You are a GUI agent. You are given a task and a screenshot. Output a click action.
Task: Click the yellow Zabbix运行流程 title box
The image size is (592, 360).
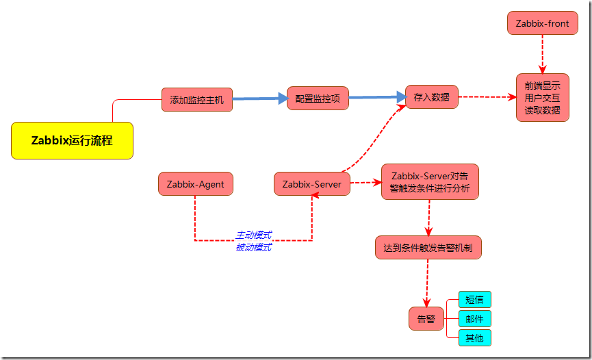click(72, 140)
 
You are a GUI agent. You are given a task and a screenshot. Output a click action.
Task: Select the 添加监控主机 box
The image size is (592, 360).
click(197, 99)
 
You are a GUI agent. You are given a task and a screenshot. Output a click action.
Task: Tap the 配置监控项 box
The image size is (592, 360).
click(318, 99)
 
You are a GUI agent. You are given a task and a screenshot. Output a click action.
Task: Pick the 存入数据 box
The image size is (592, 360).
click(431, 97)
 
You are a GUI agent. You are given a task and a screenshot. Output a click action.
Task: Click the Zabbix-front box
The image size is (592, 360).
click(542, 23)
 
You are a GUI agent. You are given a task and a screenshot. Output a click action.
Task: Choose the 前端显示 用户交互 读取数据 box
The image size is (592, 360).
click(542, 97)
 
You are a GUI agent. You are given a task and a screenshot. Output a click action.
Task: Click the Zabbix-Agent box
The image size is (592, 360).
click(195, 183)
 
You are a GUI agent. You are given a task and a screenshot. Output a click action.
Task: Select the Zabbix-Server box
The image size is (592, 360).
click(312, 183)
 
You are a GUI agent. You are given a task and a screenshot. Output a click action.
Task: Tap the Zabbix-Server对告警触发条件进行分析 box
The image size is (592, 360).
click(430, 182)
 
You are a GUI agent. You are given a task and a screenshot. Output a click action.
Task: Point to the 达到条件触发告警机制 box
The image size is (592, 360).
click(428, 248)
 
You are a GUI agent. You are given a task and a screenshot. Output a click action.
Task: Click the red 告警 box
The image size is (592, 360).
click(426, 319)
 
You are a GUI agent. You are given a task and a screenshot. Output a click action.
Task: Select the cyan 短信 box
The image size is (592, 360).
click(474, 300)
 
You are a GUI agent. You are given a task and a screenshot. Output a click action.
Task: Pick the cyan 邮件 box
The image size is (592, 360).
click(474, 319)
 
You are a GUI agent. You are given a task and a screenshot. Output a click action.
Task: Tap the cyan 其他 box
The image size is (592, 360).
click(474, 338)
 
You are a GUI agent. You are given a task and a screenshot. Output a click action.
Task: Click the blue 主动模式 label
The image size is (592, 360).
click(253, 235)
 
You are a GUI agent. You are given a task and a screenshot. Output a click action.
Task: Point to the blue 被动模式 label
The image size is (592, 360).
click(253, 247)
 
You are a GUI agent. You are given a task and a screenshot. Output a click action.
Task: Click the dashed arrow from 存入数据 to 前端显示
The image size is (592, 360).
click(487, 97)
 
